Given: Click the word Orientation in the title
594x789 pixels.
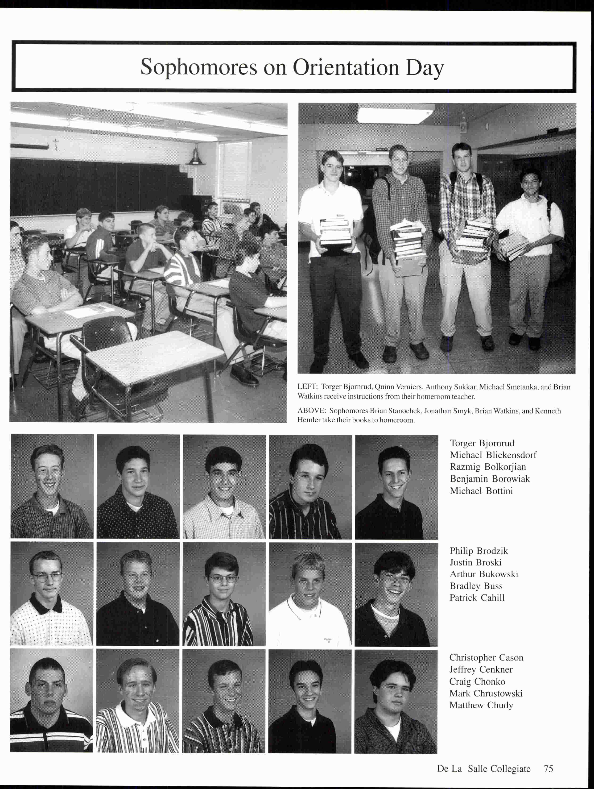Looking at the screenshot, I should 346,67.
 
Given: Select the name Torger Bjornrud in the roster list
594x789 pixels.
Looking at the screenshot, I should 482,443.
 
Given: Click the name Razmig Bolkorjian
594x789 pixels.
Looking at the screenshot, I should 488,467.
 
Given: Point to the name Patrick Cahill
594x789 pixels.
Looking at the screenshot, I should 477,598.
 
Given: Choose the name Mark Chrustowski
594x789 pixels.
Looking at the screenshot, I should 486,693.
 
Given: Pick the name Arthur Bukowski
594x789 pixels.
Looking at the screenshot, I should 483,574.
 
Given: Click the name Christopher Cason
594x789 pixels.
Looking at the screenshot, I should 486,657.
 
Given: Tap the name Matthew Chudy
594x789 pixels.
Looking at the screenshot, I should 481,705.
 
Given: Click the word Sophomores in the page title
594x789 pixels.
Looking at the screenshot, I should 199,67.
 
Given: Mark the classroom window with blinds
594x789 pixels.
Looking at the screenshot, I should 235,170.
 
